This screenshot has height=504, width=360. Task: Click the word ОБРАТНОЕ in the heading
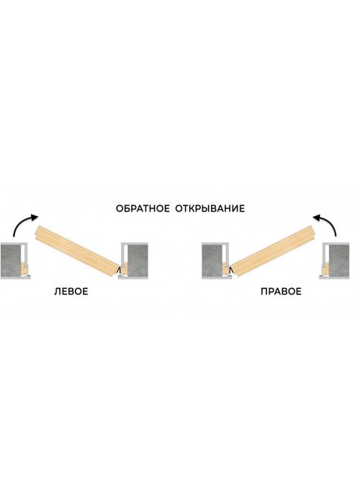click(x=143, y=209)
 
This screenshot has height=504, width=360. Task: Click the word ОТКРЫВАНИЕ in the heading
click(x=210, y=209)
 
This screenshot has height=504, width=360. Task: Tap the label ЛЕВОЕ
click(x=71, y=292)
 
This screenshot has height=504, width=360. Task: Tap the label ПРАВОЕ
click(x=281, y=292)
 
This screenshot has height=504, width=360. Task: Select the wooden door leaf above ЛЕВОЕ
click(x=78, y=251)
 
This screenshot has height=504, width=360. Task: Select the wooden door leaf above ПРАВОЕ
click(x=273, y=251)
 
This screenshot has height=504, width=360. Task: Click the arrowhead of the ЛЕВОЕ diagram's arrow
click(x=35, y=217)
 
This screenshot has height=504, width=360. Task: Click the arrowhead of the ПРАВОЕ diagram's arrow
click(x=317, y=218)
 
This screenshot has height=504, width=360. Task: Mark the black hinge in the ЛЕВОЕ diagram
click(x=120, y=271)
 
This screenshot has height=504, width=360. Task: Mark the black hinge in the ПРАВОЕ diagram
click(x=231, y=271)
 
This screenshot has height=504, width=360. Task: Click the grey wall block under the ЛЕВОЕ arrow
click(x=11, y=261)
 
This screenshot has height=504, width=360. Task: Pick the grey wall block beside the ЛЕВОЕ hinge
click(x=138, y=261)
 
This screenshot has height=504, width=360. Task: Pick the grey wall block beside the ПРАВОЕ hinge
click(x=212, y=261)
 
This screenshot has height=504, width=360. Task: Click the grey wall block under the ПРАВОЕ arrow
click(x=339, y=261)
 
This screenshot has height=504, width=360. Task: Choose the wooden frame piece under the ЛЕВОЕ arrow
click(x=24, y=269)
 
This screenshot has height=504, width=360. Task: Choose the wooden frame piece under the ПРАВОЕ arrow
click(x=326, y=269)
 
